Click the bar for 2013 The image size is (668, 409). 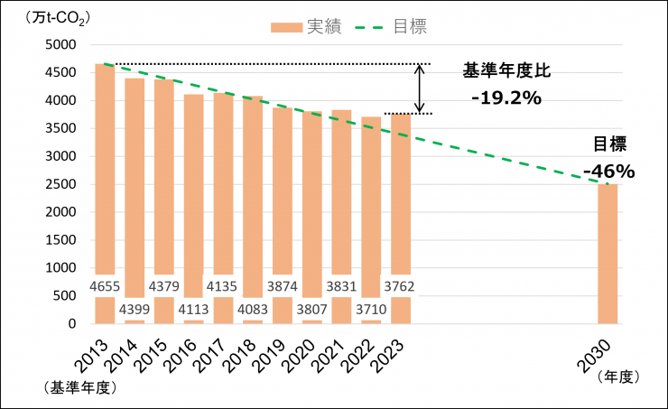(x=105, y=181)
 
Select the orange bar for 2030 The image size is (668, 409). (x=608, y=253)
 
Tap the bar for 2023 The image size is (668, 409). (x=401, y=199)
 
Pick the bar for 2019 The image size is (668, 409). (x=283, y=199)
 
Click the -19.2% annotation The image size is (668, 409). (x=506, y=98)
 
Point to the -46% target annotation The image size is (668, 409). (x=608, y=170)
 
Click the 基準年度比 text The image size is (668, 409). (x=506, y=70)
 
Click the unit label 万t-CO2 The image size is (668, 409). (x=41, y=15)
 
